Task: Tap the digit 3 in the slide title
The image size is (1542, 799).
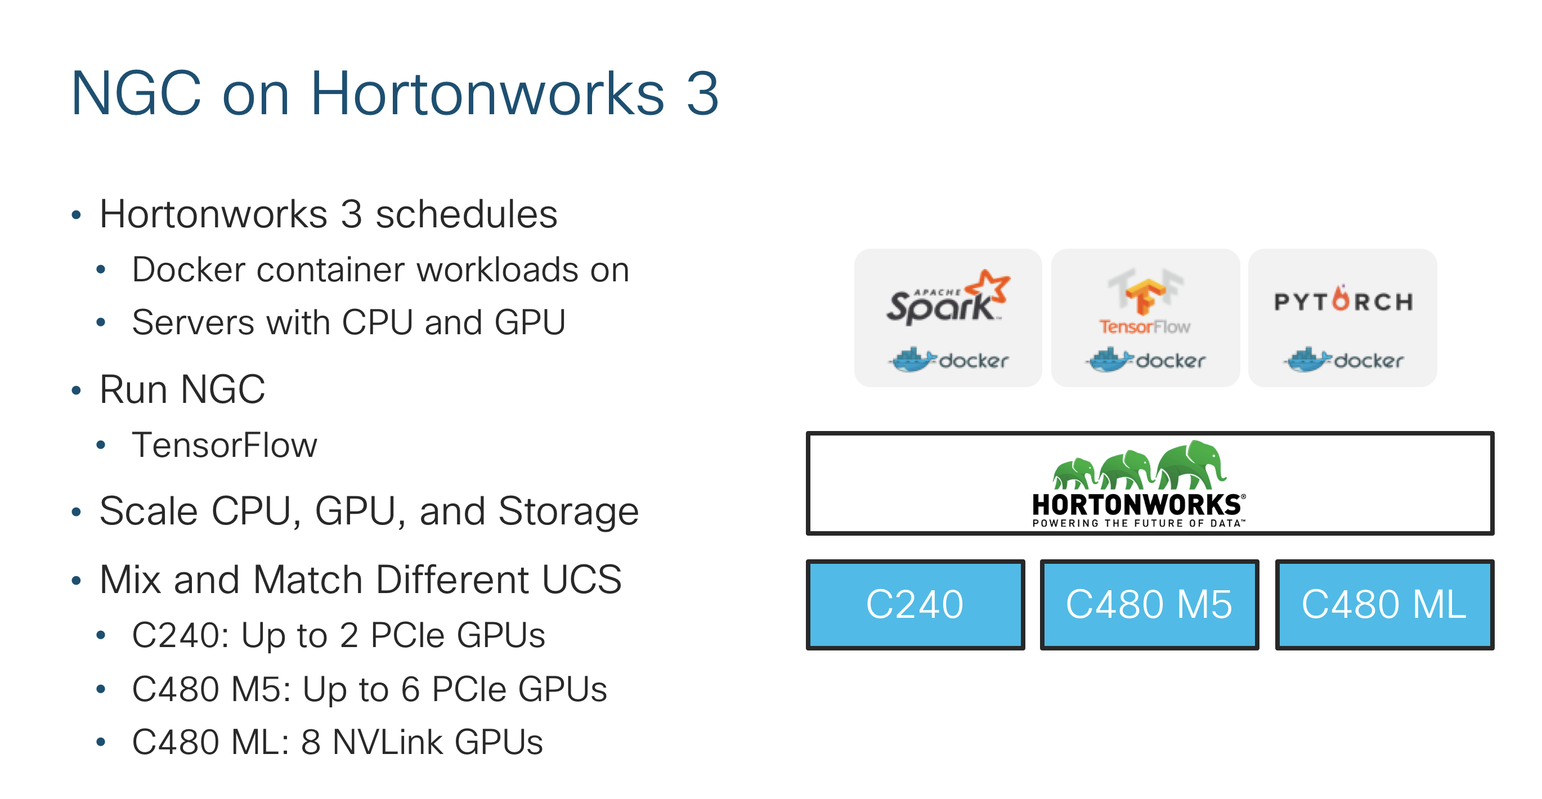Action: coord(702,93)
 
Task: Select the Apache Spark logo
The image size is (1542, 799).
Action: coord(947,299)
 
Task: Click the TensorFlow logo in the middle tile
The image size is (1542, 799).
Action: coord(1145,302)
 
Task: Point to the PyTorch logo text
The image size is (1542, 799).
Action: coord(1343,301)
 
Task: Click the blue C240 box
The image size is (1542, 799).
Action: coord(915,604)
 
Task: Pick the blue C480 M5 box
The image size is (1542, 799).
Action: coord(1149,604)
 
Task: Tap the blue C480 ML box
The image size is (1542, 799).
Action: coord(1383,604)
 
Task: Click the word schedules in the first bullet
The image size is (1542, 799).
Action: coord(467,214)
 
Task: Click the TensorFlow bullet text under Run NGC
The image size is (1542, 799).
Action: coord(225,445)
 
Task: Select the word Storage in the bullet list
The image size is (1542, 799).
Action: coord(568,511)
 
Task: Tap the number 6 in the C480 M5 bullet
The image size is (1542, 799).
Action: coord(410,689)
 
